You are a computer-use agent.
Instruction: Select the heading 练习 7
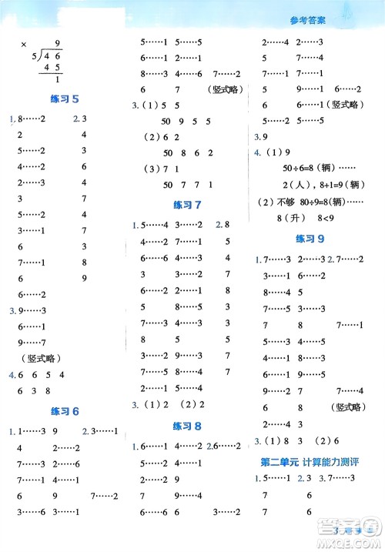click(x=188, y=204)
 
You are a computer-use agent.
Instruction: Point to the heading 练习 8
click(x=188, y=425)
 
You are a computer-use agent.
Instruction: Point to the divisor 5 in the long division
click(x=34, y=56)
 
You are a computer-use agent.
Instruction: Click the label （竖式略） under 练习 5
click(x=36, y=358)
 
